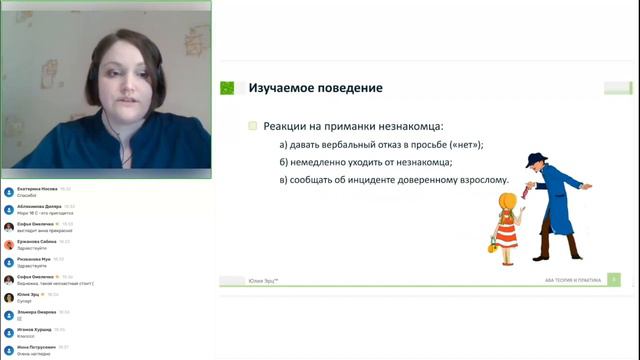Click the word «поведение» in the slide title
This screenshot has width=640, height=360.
point(349,88)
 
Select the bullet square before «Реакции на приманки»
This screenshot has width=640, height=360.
point(253,127)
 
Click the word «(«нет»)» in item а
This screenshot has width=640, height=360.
point(468,145)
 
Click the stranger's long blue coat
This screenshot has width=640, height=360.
point(551,215)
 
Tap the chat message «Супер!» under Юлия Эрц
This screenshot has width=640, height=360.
point(24,302)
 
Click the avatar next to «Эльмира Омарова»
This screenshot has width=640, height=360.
point(8,314)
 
